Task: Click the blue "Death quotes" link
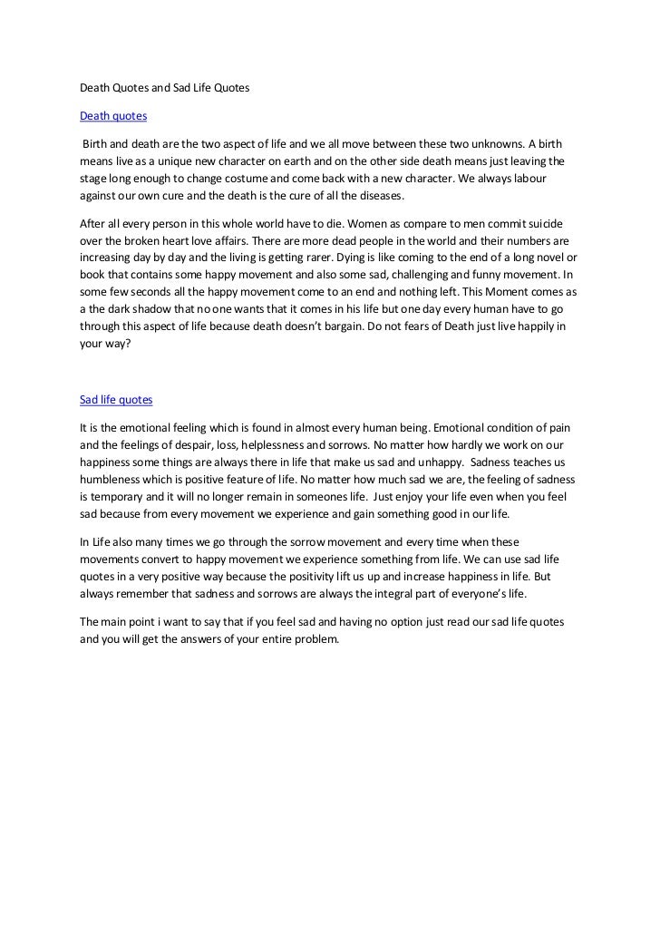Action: [113, 116]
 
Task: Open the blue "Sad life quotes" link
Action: [116, 399]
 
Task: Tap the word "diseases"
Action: [374, 196]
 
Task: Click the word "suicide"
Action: [553, 224]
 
